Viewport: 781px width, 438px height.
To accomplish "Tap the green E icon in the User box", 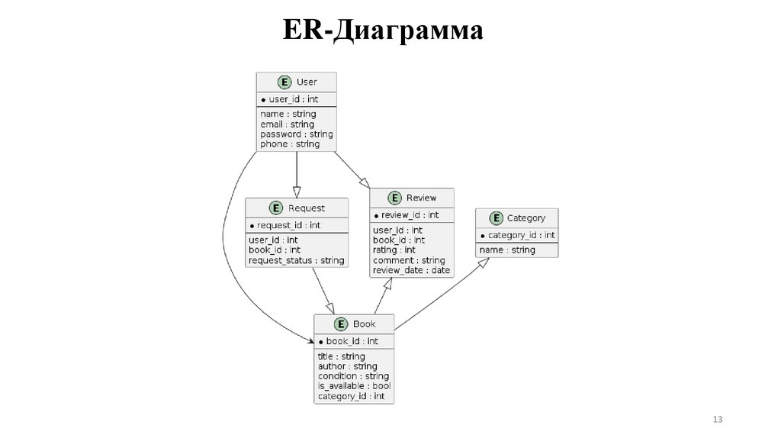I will pos(284,82).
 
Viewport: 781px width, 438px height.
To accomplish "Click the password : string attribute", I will pos(297,134).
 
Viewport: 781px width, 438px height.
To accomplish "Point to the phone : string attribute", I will pos(290,144).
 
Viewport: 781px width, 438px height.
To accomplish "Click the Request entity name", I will pos(307,208).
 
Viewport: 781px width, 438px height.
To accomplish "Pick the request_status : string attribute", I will pos(297,260).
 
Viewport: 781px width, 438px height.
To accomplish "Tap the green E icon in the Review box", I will pos(394,198).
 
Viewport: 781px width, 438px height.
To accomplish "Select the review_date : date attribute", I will pos(412,270).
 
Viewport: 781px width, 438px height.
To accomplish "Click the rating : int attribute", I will pos(394,250).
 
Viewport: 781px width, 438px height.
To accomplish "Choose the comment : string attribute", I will pos(409,260).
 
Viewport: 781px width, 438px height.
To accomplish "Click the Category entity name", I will pos(526,218).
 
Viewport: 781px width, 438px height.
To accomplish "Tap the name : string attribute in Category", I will pos(508,250).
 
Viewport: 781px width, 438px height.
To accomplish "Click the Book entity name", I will pos(364,324).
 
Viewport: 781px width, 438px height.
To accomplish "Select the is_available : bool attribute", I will pos(354,386).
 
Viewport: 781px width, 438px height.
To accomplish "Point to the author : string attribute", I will pos(348,366).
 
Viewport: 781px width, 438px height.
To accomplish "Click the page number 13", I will pos(717,420).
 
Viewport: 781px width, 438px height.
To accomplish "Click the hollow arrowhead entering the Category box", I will pos(483,264).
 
